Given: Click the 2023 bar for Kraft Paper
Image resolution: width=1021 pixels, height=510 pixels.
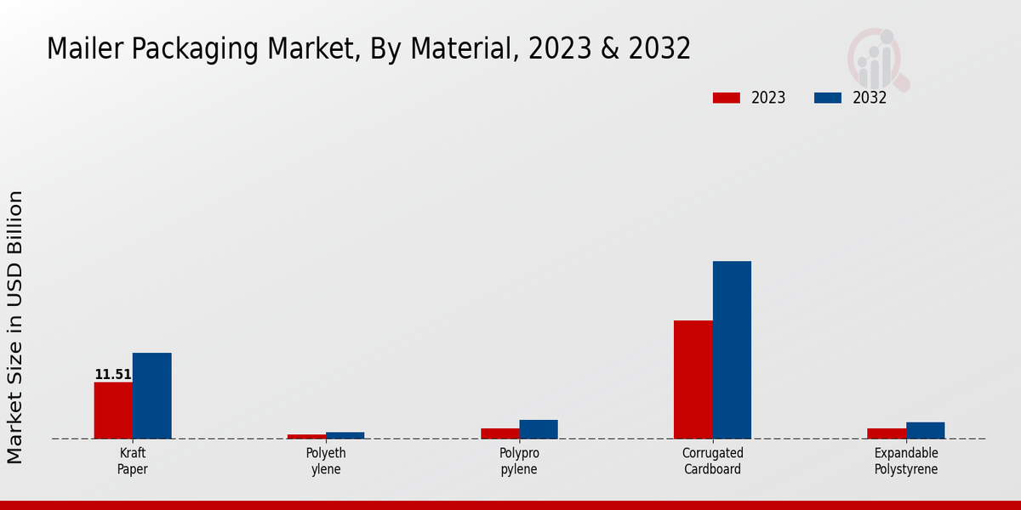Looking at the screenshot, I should point(113,411).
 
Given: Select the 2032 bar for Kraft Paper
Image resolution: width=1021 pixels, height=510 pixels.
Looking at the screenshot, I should point(151,396).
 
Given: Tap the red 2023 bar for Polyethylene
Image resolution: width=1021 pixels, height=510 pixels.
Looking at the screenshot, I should point(306,437).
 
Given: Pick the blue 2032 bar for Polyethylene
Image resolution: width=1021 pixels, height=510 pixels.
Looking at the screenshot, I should point(345,435).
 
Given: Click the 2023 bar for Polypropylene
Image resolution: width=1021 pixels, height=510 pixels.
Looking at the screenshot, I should point(499,433).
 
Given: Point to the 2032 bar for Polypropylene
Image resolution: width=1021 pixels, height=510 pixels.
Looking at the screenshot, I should point(539,429).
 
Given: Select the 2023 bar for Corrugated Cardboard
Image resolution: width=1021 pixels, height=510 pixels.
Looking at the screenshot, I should point(693,379).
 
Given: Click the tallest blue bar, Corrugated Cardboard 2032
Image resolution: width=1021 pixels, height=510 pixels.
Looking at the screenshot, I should point(732,349).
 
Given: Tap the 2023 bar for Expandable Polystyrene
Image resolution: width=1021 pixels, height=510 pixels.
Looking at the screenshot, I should point(886,433).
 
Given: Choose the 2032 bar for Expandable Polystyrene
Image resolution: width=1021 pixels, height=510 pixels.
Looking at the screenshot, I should point(925,430).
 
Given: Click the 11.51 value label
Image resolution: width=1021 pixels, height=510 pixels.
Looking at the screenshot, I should point(113,375).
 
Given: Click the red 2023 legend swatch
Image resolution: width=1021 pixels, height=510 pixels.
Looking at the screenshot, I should point(726,98).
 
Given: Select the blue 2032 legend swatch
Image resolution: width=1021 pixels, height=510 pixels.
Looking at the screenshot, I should point(828,98).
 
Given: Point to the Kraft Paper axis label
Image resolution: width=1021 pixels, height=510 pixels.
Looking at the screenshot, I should point(133,462).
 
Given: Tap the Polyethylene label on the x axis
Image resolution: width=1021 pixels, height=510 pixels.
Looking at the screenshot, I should point(326,462).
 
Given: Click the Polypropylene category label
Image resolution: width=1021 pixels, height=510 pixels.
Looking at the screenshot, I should point(519,462).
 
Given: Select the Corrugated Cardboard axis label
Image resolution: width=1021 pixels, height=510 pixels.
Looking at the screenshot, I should point(713,462).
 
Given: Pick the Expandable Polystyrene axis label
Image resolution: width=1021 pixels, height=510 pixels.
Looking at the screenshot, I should point(906,462).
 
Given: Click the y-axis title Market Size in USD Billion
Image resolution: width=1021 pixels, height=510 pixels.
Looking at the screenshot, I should point(15,327).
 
